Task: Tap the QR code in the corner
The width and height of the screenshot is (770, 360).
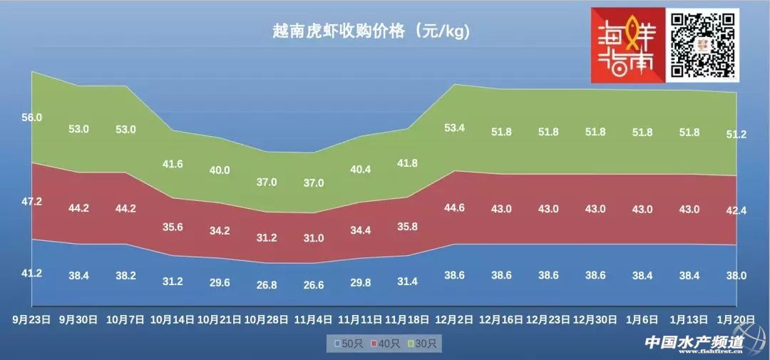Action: [x=703, y=44]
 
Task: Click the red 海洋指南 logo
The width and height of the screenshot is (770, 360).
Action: [x=627, y=44]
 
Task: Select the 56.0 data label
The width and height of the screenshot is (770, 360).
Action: [x=32, y=118]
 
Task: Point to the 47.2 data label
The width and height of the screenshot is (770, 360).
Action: [x=32, y=202]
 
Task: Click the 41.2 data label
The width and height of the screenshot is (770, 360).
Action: [x=32, y=273]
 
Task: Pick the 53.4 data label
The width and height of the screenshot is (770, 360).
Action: [x=455, y=128]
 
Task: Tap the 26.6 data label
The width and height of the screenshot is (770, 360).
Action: [x=314, y=284]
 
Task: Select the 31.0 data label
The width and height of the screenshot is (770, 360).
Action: [x=314, y=238]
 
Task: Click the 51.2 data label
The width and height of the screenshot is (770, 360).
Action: [x=736, y=135]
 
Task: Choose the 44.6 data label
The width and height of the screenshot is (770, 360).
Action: [x=455, y=207]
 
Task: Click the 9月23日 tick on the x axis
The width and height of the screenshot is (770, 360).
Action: [x=32, y=320]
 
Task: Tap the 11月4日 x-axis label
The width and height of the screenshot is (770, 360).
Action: [x=314, y=320]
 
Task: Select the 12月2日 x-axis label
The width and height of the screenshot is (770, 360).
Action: [x=455, y=320]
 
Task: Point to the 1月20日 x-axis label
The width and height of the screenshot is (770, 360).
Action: [x=736, y=320]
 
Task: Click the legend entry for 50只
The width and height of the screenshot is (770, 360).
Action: [x=349, y=344]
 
